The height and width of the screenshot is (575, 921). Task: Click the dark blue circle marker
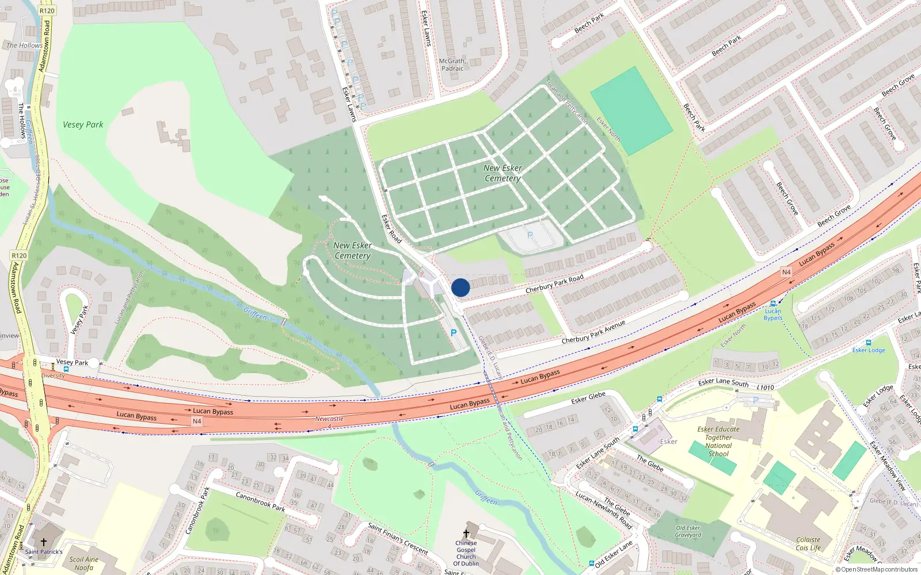point(461,287)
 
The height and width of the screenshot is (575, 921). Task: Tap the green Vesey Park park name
point(83,124)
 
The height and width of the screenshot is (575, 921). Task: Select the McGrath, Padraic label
point(452,64)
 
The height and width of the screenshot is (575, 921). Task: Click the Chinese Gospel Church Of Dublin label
point(466,553)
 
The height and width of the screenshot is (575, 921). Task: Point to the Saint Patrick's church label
point(44,552)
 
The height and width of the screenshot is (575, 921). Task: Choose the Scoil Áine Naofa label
point(84,563)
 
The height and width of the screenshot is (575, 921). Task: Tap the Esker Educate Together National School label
point(718,442)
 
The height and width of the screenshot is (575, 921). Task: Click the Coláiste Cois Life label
point(808,544)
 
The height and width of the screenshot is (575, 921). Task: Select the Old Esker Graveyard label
point(688,531)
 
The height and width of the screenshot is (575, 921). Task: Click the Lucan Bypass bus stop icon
point(773,303)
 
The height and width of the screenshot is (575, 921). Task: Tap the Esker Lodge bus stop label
point(869,350)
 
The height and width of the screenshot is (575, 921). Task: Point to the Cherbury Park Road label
point(554,283)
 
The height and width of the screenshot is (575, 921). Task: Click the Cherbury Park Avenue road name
point(593,332)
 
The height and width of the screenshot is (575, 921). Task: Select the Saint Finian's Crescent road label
point(398,538)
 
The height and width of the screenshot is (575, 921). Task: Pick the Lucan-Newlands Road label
point(604,510)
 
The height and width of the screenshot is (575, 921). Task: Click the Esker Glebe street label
point(588,397)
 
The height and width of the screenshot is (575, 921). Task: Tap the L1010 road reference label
point(766,388)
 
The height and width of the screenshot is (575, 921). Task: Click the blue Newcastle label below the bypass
point(329,419)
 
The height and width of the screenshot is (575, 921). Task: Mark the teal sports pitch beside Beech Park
point(631,110)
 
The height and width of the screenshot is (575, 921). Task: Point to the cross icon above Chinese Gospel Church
point(466,534)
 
